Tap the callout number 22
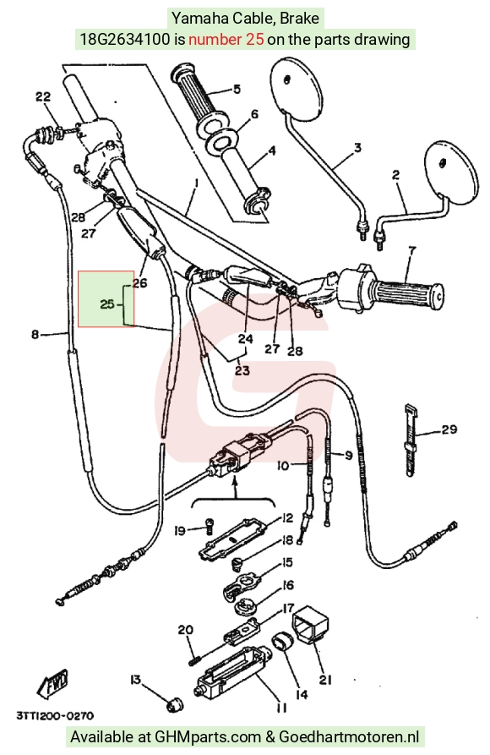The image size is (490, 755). [x=43, y=96]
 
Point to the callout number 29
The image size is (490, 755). [x=449, y=429]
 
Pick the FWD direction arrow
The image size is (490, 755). [x=53, y=685]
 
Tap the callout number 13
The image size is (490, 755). [x=135, y=680]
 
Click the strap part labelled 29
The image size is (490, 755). [x=410, y=439]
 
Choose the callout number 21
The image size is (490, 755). [x=326, y=680]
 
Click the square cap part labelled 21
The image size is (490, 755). [x=310, y=624]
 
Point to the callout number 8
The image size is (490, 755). [x=35, y=334]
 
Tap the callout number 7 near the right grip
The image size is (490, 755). [x=412, y=251]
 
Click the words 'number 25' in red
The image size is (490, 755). [x=226, y=39]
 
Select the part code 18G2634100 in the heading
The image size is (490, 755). [x=125, y=39]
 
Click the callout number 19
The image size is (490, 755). [x=180, y=531]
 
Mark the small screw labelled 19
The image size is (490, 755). [x=209, y=525]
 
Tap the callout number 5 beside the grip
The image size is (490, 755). [x=237, y=89]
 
